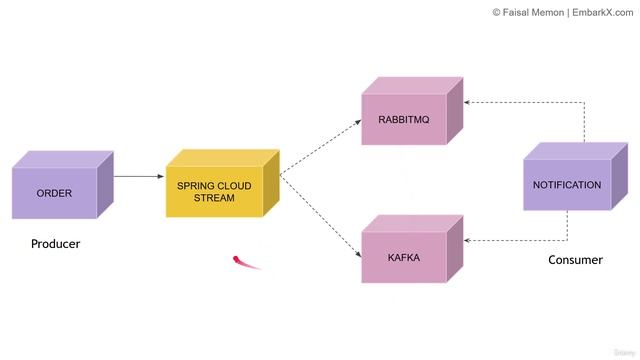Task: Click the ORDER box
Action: point(63,185)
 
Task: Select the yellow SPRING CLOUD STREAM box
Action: point(223,183)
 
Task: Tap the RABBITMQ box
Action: point(412,111)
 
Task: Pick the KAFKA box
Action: point(412,249)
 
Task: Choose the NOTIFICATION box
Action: point(576,176)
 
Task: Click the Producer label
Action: point(56,244)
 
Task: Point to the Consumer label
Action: point(576,260)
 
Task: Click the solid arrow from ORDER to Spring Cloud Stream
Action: point(139,176)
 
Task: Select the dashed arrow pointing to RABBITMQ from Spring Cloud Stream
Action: point(320,147)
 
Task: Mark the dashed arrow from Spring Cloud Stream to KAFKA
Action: point(320,216)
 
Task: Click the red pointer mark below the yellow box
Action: point(247,263)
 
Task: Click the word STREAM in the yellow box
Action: point(214,198)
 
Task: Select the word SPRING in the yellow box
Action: point(193,186)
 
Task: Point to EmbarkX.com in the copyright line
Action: point(602,13)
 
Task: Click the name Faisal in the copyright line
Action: point(516,13)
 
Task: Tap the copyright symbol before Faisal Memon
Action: point(496,13)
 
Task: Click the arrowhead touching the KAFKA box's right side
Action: point(467,240)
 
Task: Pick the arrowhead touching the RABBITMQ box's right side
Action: point(467,102)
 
